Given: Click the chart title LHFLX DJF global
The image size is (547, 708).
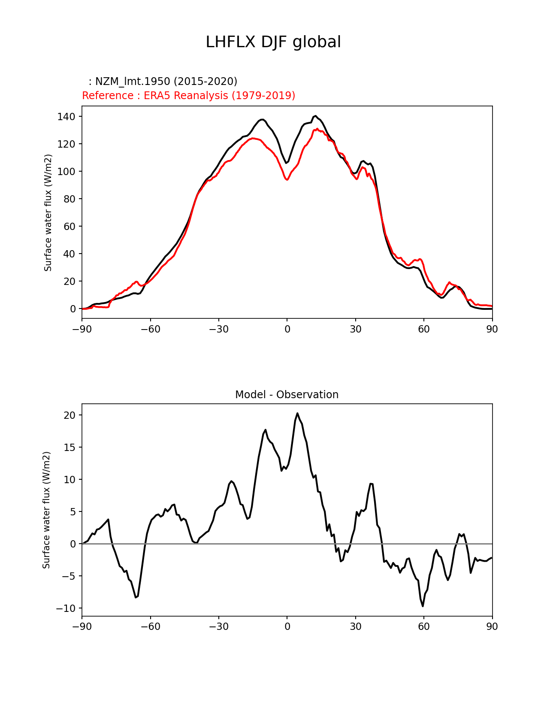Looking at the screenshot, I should [x=273, y=42].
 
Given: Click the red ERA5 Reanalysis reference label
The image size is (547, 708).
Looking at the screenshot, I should [x=188, y=95].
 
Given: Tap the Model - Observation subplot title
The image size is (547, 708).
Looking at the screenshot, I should [x=287, y=395].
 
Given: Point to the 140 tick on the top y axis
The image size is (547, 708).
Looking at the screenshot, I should [x=66, y=117].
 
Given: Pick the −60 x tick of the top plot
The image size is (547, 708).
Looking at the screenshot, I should [x=150, y=329].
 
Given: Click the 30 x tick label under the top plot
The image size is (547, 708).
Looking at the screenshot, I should [x=355, y=329].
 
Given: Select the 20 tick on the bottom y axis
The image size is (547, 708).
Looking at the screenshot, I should [x=70, y=415].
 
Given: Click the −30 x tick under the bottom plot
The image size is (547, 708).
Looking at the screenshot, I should [x=218, y=626].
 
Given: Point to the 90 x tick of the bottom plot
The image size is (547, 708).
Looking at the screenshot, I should [x=492, y=626].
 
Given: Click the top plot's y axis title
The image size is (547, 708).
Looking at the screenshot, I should [x=48, y=212].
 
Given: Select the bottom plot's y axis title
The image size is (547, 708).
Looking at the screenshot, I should [x=46, y=510].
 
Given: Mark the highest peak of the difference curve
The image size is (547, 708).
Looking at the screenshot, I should [x=297, y=413].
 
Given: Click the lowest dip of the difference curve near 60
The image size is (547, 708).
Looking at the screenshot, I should [x=423, y=606].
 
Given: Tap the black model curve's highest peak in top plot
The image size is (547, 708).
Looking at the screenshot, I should [x=315, y=116].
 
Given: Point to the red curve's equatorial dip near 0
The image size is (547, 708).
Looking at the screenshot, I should [x=287, y=180].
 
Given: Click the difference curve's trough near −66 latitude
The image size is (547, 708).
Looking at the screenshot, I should [x=136, y=597].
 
